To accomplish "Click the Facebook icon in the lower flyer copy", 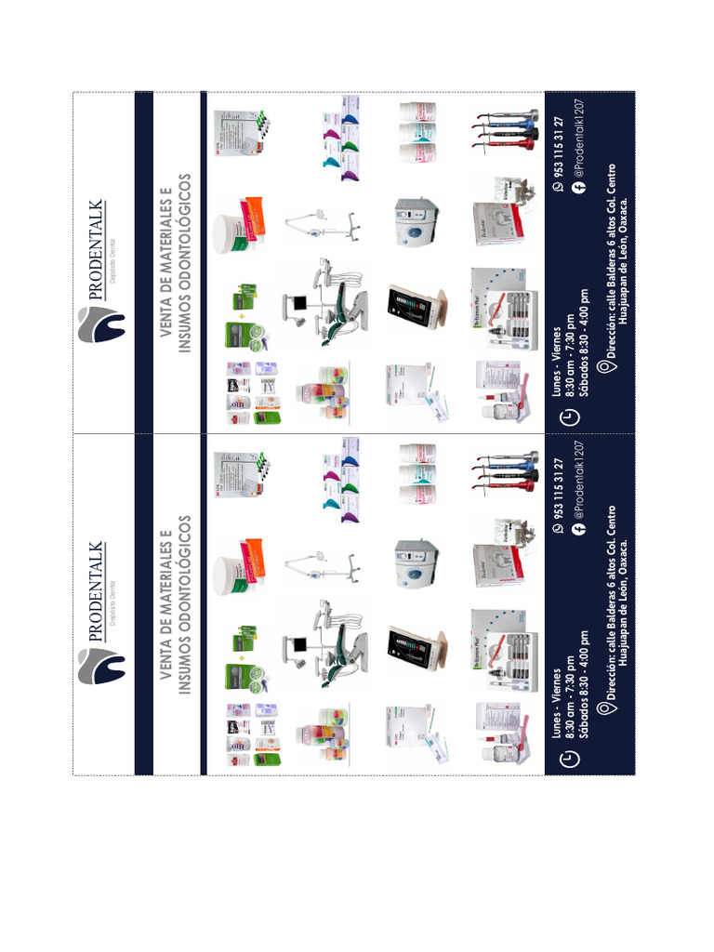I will click(x=578, y=528).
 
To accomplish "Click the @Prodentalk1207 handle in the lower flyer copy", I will click(x=578, y=486).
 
